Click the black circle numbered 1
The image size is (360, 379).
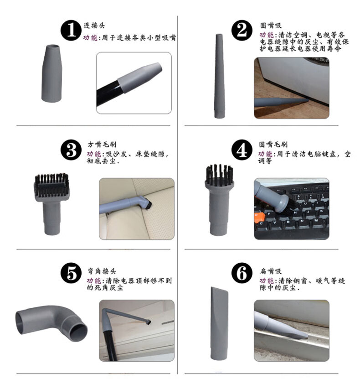pos(71,30)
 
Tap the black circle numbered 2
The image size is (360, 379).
pos(242,30)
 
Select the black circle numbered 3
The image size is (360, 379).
pos(71,150)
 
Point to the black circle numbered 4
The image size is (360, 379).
pos(242,150)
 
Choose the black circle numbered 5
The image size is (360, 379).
pos(71,273)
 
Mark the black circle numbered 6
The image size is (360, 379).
pos(242,273)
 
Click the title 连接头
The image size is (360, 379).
pos(94,26)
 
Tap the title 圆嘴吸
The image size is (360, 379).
pos(271,26)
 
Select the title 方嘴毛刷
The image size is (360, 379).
pos(102,144)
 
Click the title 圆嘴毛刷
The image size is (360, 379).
pos(273,144)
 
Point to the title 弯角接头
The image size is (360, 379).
pos(102,271)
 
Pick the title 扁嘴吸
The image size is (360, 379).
pos(271,271)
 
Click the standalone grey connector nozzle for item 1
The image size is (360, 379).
pos(52,73)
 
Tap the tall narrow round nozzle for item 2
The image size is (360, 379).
pos(220,76)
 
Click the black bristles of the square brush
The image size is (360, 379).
pos(51,184)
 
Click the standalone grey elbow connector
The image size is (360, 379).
pos(51,323)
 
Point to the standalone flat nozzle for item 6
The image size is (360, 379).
pos(219,323)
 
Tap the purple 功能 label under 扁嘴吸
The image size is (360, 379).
pos(266,280)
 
